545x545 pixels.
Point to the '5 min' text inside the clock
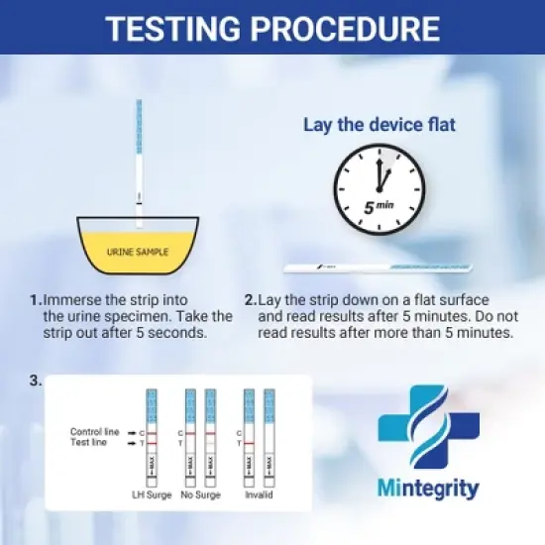click(379, 209)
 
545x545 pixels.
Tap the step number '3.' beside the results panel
click(36, 381)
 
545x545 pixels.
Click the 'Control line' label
click(94, 432)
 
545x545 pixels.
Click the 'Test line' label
click(88, 444)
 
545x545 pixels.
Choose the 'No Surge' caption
click(199, 494)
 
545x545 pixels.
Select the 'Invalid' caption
click(259, 494)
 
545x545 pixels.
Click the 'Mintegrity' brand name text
click(428, 489)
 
